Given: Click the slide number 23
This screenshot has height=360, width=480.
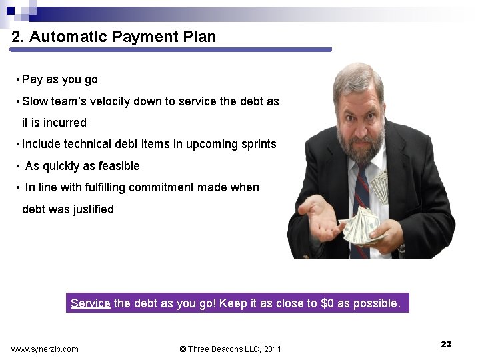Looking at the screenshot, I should (x=446, y=344).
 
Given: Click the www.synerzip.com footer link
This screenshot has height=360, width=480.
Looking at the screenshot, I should (x=45, y=349).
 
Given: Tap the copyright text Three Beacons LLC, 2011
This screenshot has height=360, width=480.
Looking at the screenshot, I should (x=231, y=349).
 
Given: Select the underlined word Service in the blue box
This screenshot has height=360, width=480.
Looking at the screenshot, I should (x=90, y=303).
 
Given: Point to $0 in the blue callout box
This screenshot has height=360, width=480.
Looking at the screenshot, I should (x=327, y=303).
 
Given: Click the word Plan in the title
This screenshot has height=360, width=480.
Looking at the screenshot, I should (x=199, y=37).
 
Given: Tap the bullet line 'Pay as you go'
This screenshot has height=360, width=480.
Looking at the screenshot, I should (x=59, y=79).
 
